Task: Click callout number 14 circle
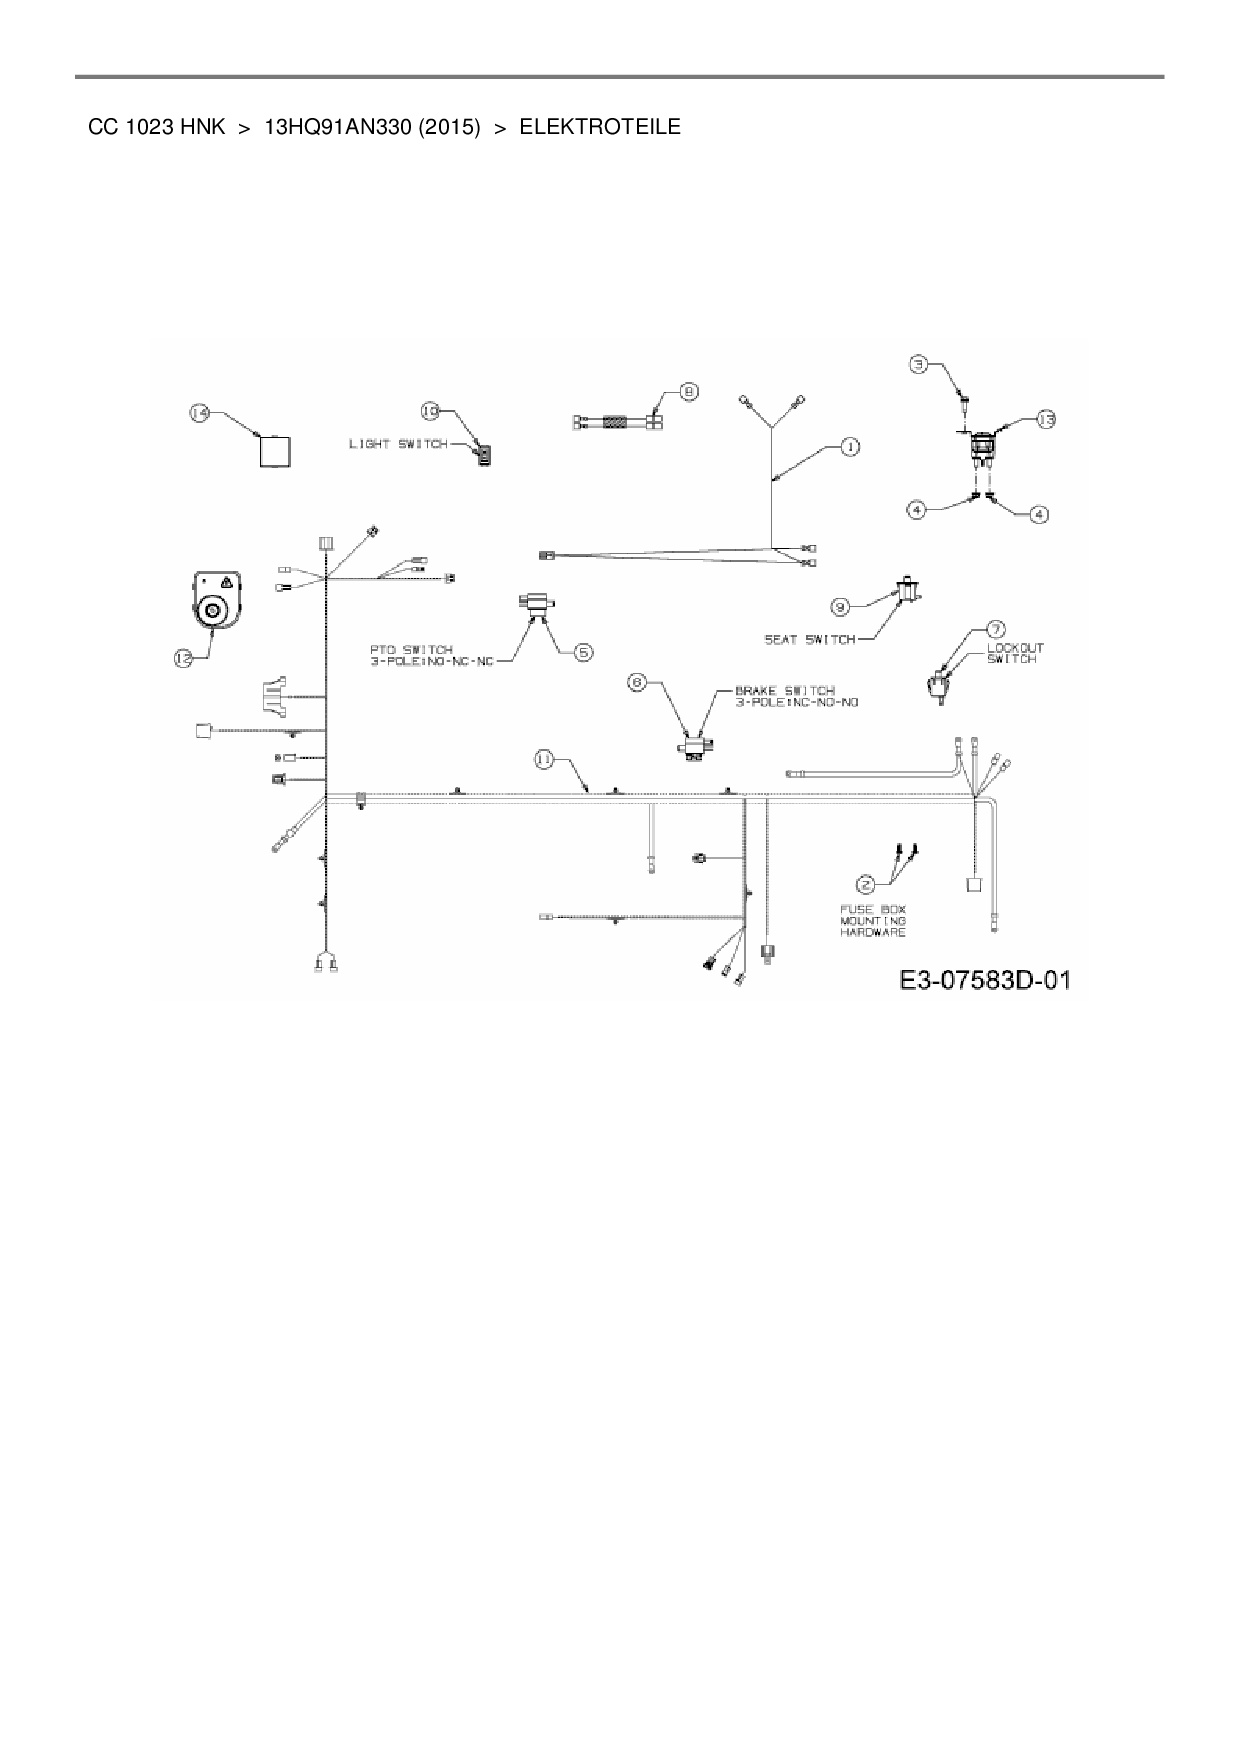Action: pyautogui.click(x=200, y=412)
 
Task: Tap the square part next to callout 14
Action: pyautogui.click(x=275, y=451)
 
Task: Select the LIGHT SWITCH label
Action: pyautogui.click(x=397, y=443)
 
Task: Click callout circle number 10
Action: pyautogui.click(x=430, y=410)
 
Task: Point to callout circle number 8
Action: pyautogui.click(x=688, y=392)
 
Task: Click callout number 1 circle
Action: pyautogui.click(x=848, y=446)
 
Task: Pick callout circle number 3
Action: pyautogui.click(x=919, y=365)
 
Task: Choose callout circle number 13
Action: pyautogui.click(x=1044, y=419)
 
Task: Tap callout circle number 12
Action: pyautogui.click(x=183, y=658)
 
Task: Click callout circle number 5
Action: pyautogui.click(x=582, y=652)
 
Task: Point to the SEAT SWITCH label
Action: pyautogui.click(x=810, y=639)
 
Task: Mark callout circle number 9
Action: pyautogui.click(x=841, y=605)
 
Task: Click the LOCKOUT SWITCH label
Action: pyautogui.click(x=1015, y=653)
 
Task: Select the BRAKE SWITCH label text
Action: pyautogui.click(x=796, y=696)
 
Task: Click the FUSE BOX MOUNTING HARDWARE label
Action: pyautogui.click(x=872, y=920)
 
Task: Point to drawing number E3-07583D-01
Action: pyautogui.click(x=984, y=979)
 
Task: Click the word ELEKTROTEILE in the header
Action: pyautogui.click(x=600, y=127)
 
